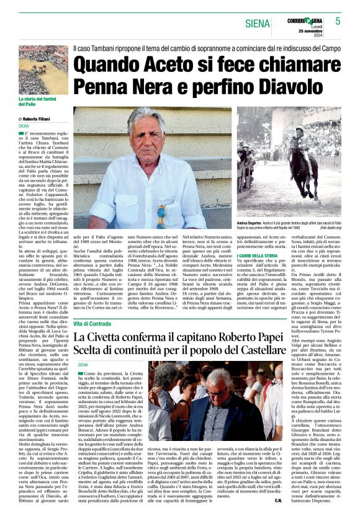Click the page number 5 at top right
338,20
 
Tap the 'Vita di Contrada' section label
92,324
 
